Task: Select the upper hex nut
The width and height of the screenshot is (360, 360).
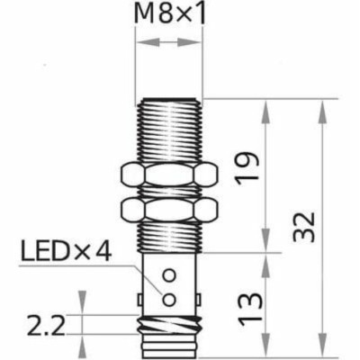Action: tap(168, 175)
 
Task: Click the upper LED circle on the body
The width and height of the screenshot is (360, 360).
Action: tap(168, 274)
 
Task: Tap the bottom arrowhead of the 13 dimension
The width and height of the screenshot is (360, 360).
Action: tap(266, 351)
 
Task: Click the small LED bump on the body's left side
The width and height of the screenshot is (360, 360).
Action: tap(139, 295)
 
